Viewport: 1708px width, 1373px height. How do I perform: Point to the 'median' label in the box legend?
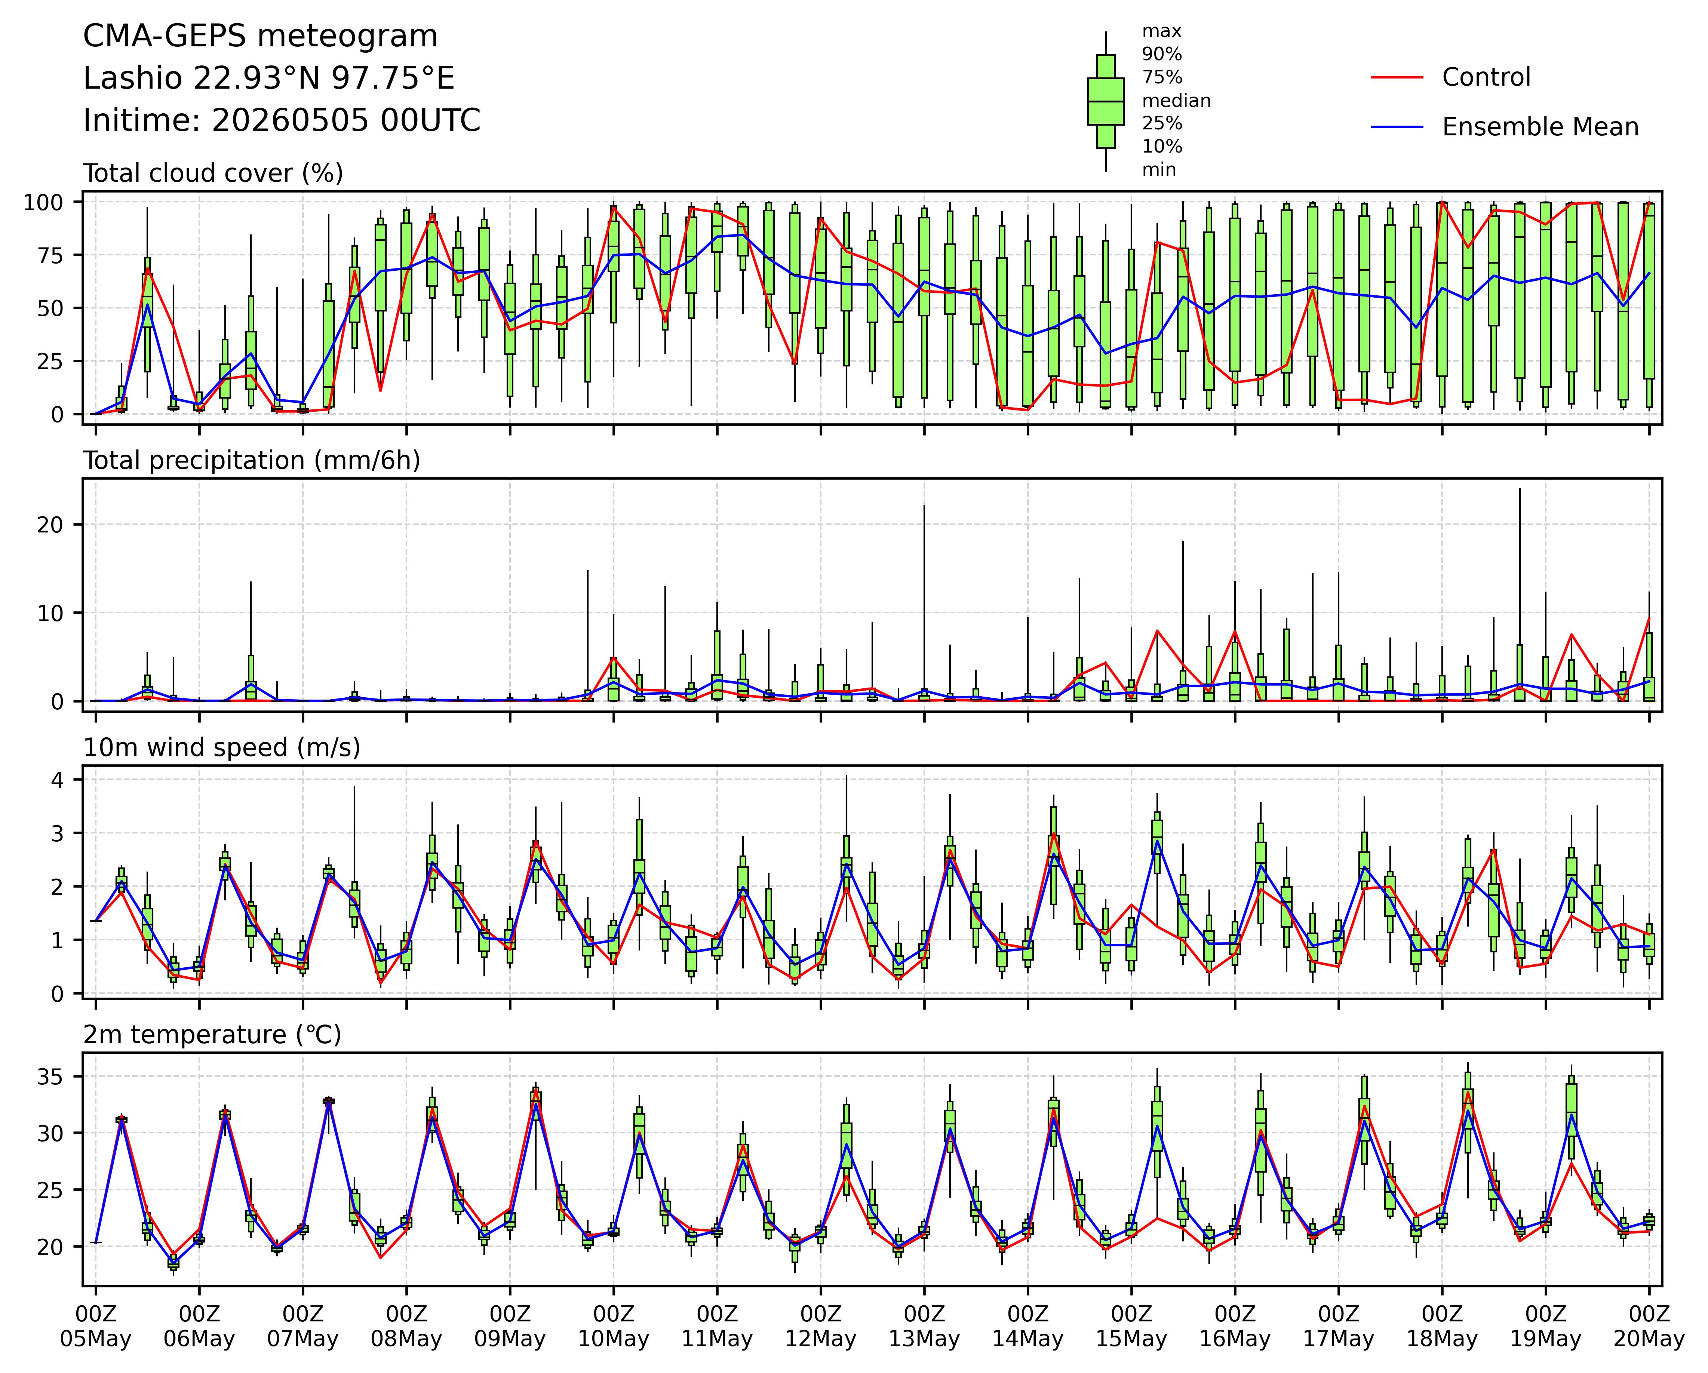click(x=1176, y=101)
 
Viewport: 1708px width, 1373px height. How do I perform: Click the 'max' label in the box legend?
click(x=1161, y=32)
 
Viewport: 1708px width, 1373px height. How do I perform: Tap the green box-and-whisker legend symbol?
click(x=1105, y=101)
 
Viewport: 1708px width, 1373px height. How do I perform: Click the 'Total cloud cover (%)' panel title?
click(x=213, y=173)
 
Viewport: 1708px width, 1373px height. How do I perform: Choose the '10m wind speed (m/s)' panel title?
click(x=222, y=748)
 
